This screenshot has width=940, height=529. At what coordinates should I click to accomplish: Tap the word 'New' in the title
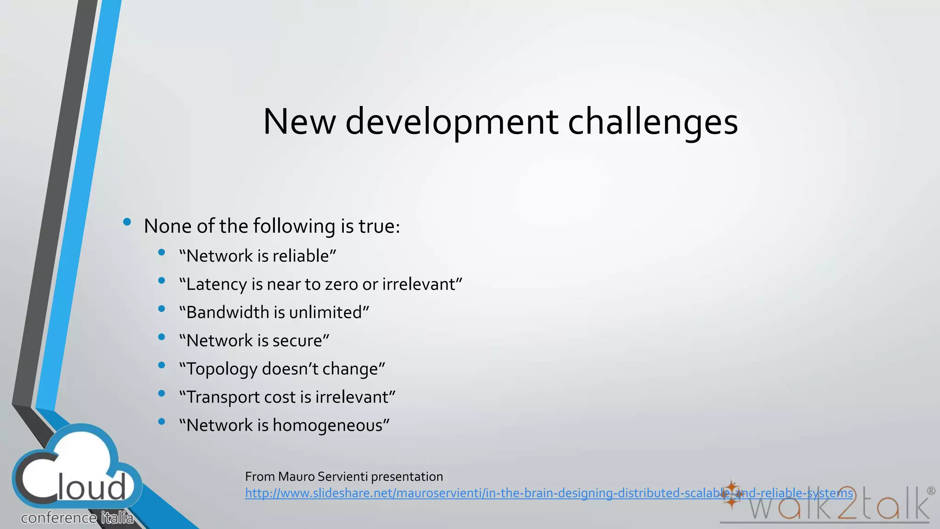[x=299, y=122]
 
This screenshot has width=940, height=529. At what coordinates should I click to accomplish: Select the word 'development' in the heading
[x=452, y=122]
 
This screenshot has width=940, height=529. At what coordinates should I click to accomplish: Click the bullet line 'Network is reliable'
[x=257, y=256]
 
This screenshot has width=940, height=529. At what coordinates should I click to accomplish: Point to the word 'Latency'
[x=217, y=284]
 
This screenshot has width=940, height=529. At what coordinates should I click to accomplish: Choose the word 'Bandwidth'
[x=228, y=312]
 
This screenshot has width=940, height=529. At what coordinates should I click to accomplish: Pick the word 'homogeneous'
[x=330, y=425]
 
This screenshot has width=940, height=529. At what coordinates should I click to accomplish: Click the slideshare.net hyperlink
[x=548, y=493]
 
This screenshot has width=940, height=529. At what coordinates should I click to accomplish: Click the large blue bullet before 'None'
[x=127, y=223]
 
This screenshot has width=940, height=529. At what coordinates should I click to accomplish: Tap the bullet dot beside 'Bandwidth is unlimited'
[x=161, y=309]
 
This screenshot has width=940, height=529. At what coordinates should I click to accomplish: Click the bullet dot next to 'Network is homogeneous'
[x=161, y=422]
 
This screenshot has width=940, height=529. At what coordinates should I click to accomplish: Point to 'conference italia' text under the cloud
[x=77, y=518]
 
